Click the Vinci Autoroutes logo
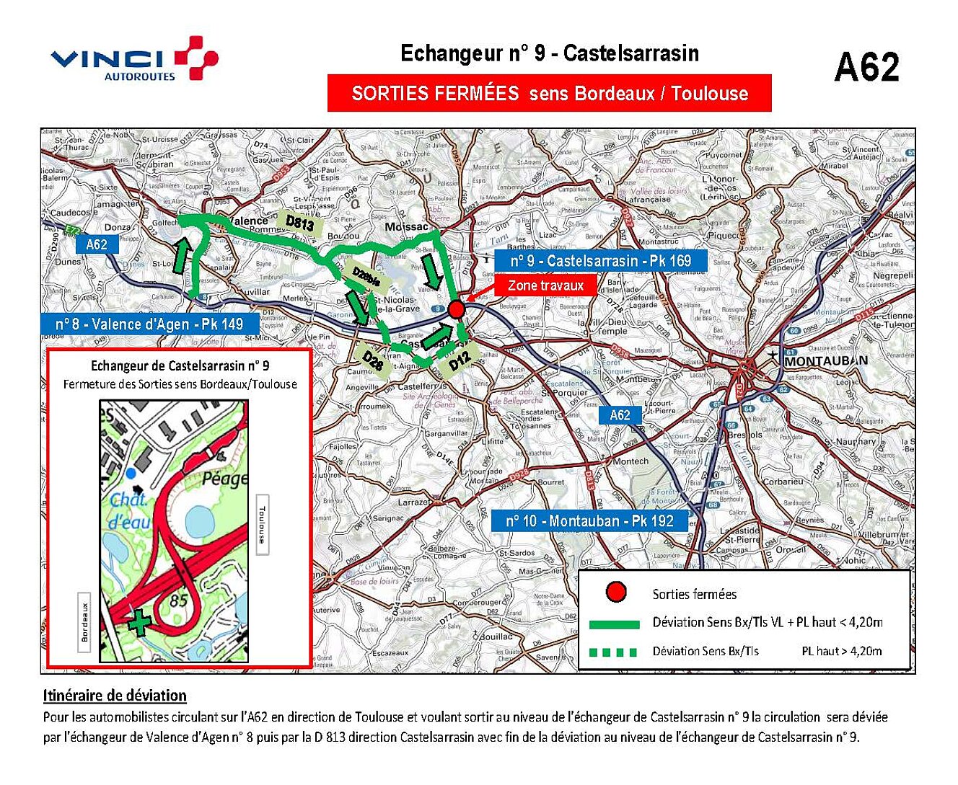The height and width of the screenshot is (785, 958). tap(134, 59)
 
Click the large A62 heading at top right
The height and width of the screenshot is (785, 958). tap(866, 68)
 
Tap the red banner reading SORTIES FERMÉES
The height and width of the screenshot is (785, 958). tap(549, 93)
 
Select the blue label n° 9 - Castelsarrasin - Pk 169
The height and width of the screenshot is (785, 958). tap(600, 261)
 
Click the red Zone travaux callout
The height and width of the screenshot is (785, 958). tap(545, 285)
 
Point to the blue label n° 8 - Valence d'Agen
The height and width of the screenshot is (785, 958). tap(149, 324)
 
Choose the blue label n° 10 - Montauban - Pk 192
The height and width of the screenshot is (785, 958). tap(589, 520)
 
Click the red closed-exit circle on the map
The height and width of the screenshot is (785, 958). tap(456, 309)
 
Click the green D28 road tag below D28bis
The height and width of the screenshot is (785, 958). tap(373, 360)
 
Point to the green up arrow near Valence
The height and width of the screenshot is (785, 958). tap(181, 257)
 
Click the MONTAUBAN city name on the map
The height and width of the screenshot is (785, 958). tap(826, 360)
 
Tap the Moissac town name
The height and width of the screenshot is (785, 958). tap(407, 226)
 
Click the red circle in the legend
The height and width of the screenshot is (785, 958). tap(615, 593)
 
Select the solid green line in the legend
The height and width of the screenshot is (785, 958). tap(614, 624)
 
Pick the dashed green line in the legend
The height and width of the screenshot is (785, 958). tap(613, 652)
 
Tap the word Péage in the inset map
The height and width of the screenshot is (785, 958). tap(224, 479)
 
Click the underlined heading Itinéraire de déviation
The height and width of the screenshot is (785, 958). tap(115, 696)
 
